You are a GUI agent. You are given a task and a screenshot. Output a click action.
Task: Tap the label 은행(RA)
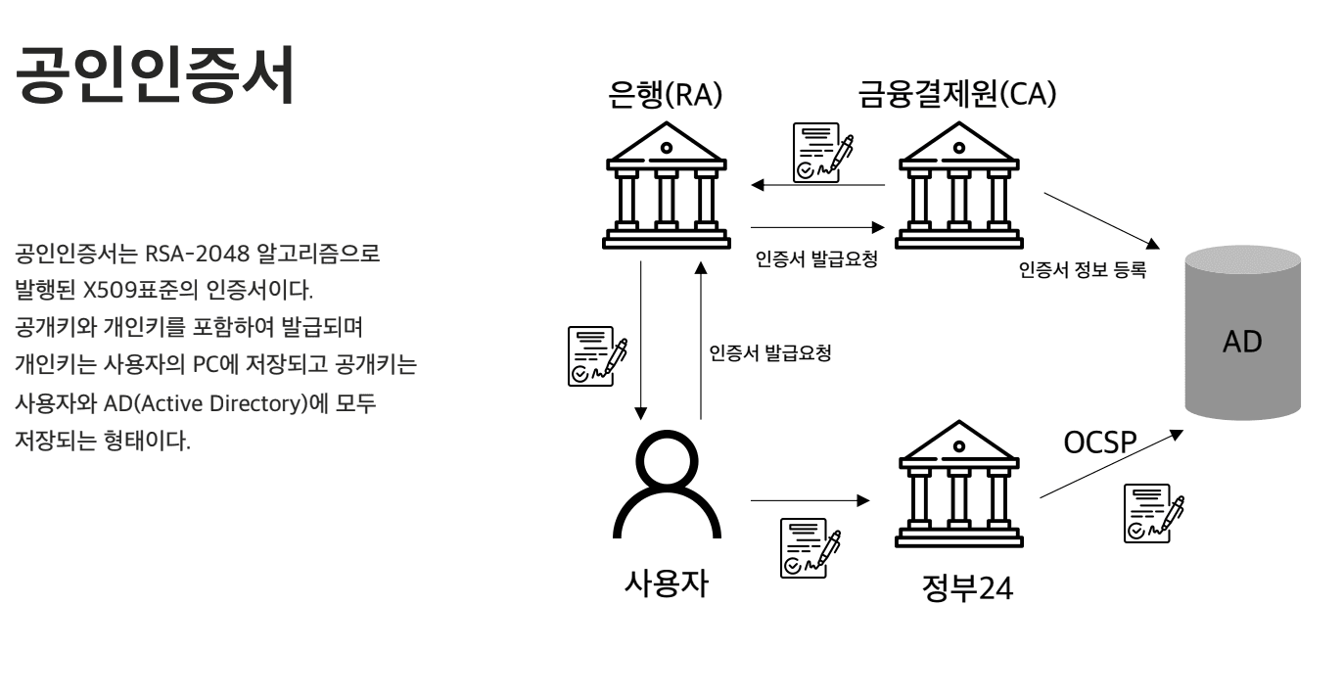(665, 96)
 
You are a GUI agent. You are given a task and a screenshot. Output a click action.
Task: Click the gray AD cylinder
(1242, 332)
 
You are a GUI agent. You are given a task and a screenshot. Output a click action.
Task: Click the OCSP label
(1100, 444)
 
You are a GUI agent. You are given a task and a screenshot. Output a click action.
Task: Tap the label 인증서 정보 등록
(1082, 271)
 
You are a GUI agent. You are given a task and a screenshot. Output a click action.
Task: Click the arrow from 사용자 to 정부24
(810, 500)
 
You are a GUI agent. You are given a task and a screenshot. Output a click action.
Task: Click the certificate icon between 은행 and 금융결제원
(820, 152)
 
